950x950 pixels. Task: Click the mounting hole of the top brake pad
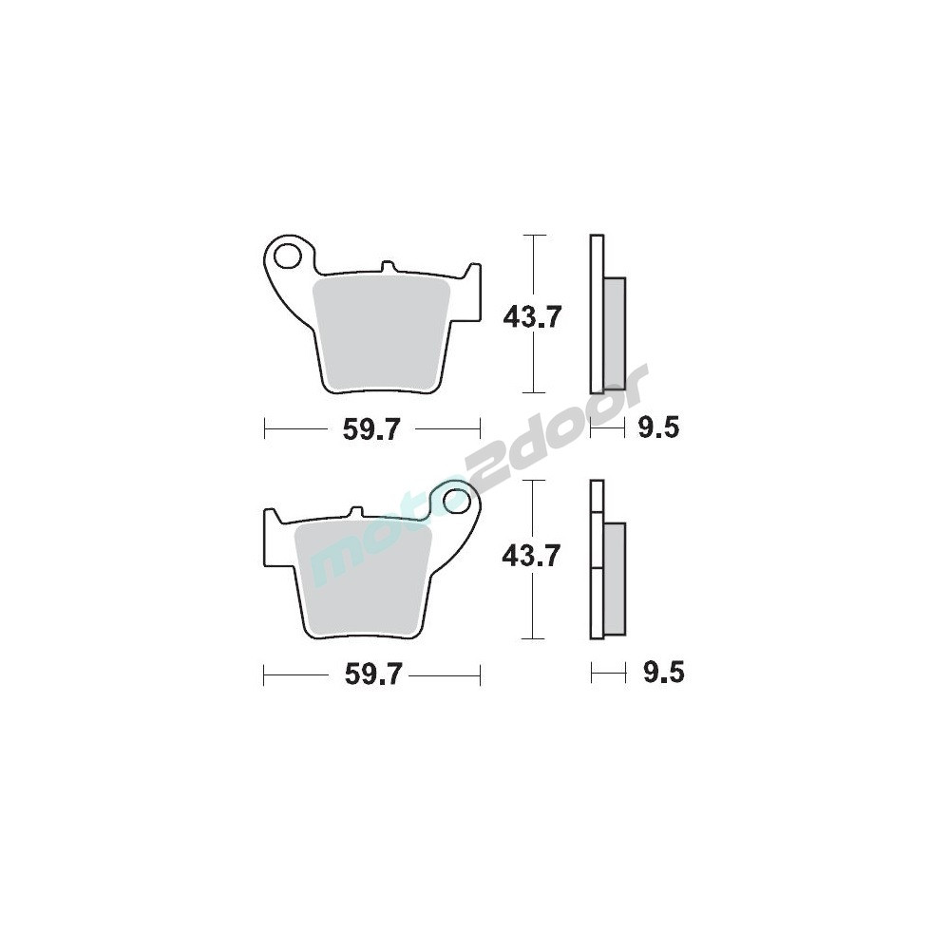[289, 256]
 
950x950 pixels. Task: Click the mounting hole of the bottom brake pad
[456, 501]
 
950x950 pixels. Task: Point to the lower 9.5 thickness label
[663, 673]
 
